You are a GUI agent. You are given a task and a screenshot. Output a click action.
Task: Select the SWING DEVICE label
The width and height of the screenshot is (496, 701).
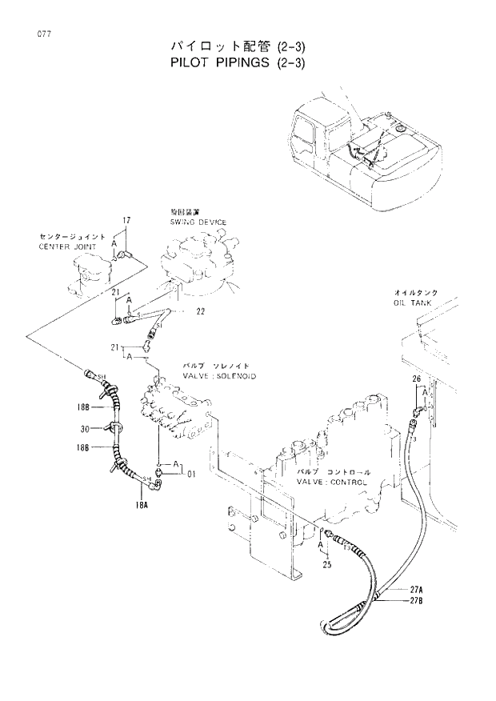pyautogui.click(x=198, y=222)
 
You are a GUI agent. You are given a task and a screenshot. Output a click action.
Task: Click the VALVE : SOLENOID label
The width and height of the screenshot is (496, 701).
pyautogui.click(x=219, y=375)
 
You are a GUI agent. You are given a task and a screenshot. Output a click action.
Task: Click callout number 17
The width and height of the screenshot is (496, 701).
pyautogui.click(x=126, y=220)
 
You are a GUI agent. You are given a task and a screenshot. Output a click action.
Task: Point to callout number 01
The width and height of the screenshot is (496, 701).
pyautogui.click(x=192, y=475)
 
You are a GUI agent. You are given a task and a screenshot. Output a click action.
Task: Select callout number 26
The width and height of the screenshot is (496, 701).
pyautogui.click(x=416, y=379)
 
